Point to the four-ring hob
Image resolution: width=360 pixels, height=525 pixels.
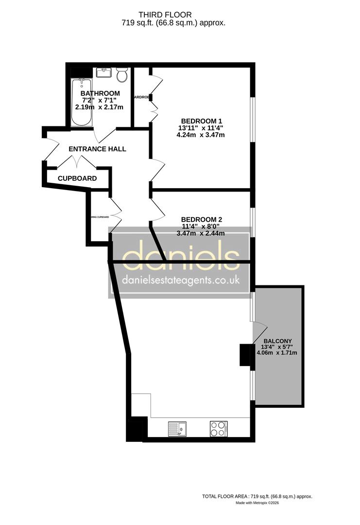[219, 429]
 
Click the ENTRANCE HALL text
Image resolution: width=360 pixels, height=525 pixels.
[97, 149]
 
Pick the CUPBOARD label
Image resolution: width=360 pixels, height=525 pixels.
[77, 178]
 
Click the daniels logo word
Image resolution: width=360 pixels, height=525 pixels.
[181, 257]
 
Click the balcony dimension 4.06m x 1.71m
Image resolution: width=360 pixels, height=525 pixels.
[277, 353]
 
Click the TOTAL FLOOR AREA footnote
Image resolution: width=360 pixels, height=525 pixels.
[257, 496]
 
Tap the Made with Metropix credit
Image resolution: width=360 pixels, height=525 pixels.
[257, 503]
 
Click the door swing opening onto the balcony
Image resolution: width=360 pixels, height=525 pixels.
[259, 330]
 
